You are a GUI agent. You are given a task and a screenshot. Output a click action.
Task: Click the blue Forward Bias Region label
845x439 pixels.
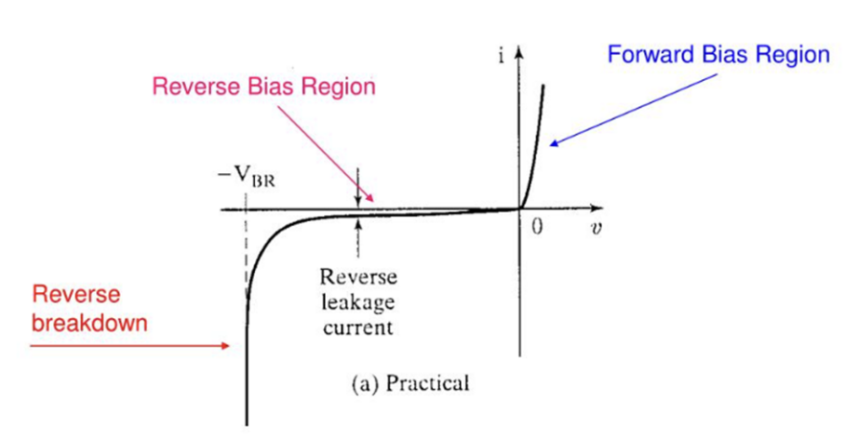click(x=718, y=55)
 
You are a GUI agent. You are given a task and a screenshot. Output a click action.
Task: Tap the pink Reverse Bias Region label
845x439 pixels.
click(x=263, y=87)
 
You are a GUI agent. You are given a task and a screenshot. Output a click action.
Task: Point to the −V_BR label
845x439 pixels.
click(x=241, y=176)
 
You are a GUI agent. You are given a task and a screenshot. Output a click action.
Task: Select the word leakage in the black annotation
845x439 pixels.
click(x=358, y=302)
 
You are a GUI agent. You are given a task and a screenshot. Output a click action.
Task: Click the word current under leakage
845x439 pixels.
click(x=358, y=326)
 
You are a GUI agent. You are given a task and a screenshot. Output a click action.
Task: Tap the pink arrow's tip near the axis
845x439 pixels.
click(x=373, y=199)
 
